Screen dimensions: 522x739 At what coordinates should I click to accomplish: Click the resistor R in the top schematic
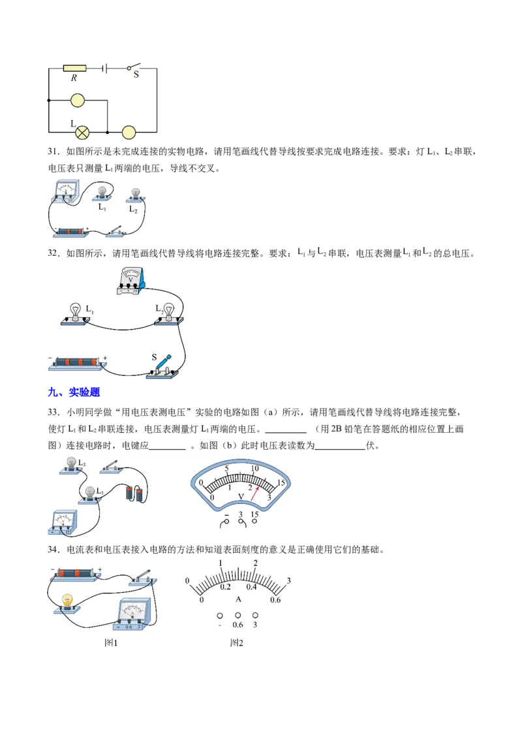coord(74,69)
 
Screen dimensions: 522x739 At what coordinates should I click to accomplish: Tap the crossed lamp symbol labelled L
coord(82,133)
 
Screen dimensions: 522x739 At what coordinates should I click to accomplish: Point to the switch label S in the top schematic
coord(136,74)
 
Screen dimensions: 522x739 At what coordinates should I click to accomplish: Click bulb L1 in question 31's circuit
coord(102,193)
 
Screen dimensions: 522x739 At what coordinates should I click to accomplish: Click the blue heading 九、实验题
coord(74,392)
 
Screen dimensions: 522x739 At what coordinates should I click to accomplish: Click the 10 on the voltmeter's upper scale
coord(254,469)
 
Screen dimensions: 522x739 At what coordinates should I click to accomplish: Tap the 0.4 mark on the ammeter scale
coord(252,587)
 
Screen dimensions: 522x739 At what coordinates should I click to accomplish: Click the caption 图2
coord(236,643)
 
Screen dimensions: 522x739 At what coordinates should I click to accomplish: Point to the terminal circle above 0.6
coord(238,615)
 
